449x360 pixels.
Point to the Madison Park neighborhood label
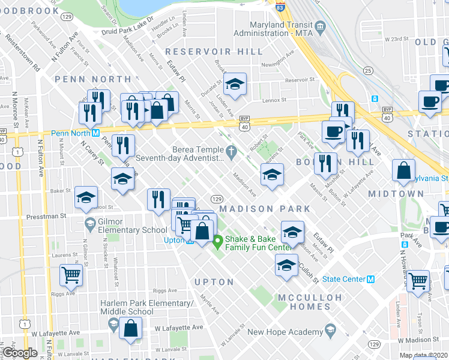(265, 209)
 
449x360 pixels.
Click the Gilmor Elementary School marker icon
(90, 224)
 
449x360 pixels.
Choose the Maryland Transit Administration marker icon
(320, 26)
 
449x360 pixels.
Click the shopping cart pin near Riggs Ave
(71, 275)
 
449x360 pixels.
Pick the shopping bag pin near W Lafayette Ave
(130, 328)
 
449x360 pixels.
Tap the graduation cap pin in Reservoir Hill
(235, 84)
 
